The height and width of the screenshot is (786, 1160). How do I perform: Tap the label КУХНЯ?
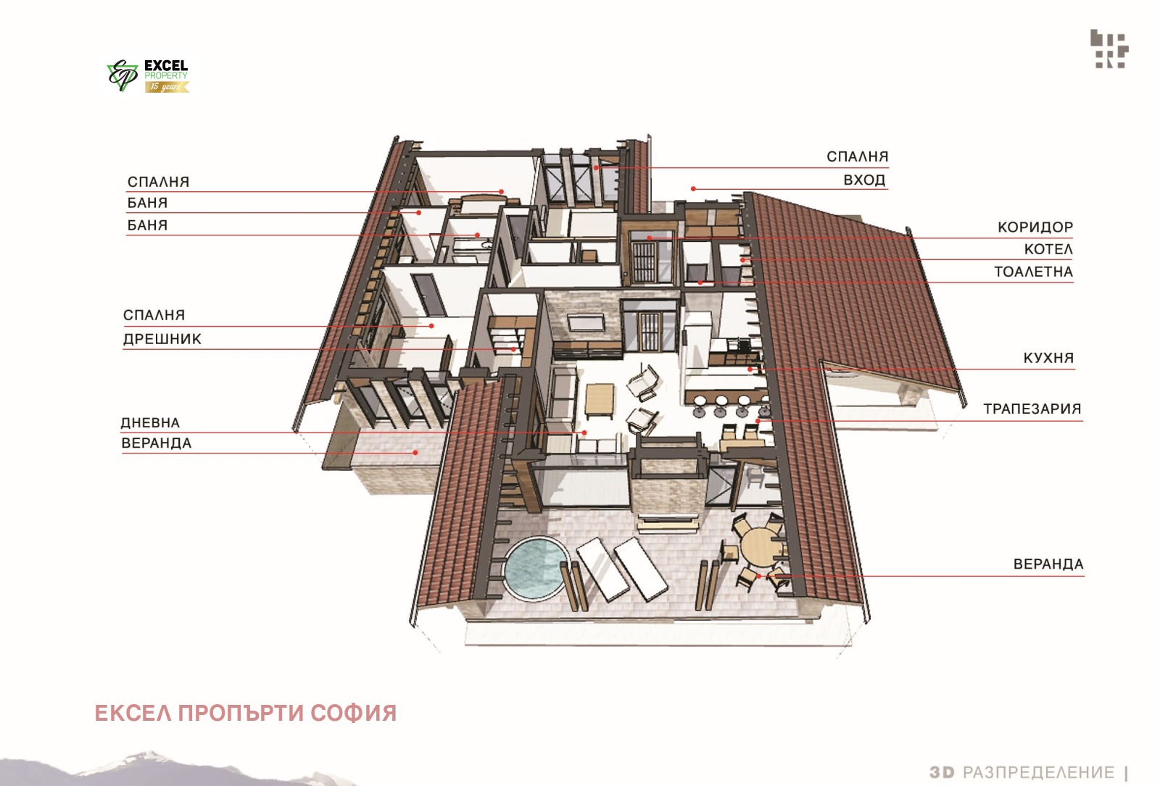click(1048, 358)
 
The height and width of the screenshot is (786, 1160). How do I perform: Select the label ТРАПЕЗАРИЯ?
click(1032, 409)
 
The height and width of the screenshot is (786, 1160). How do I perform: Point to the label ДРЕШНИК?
click(162, 339)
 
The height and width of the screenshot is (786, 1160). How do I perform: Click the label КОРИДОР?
click(1035, 227)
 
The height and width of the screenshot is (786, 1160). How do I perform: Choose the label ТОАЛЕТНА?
click(1033, 272)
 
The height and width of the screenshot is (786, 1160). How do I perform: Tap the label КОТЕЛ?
click(1048, 249)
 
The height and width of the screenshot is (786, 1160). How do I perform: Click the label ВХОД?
click(864, 180)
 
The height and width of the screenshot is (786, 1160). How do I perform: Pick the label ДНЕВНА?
click(150, 423)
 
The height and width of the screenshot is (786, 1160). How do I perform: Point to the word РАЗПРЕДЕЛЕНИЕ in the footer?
click(1038, 772)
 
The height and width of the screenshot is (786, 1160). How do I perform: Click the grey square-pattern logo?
click(1109, 49)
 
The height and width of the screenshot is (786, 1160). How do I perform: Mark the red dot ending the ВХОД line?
click(693, 189)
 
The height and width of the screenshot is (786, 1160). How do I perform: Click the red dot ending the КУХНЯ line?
click(750, 369)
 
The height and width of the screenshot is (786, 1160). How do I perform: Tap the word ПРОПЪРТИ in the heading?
click(243, 713)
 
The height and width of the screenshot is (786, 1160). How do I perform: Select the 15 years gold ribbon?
click(167, 87)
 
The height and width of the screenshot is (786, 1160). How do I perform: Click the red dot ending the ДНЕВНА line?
click(584, 432)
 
